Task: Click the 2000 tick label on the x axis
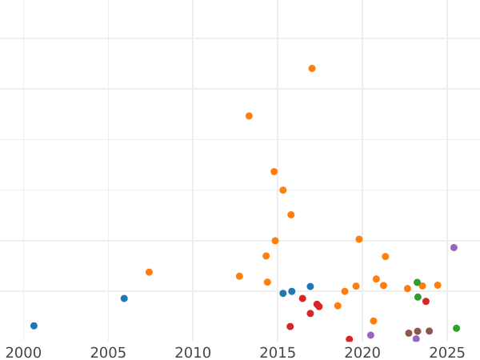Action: point(23,352)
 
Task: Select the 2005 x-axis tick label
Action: point(108,352)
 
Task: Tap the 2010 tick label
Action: point(193,352)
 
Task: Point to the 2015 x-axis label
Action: point(278,352)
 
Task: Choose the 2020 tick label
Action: point(362,352)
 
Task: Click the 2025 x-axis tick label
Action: point(447,352)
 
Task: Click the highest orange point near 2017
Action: point(312,69)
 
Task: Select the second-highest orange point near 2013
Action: point(249,116)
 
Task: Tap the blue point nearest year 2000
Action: point(34,326)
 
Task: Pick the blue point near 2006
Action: point(124,298)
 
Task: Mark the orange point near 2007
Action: point(149,272)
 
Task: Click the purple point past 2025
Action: point(454,248)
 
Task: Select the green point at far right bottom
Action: point(456,328)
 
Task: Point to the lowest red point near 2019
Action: point(349,339)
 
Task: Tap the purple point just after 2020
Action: point(370,335)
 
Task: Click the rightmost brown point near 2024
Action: point(429,331)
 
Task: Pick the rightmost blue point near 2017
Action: point(310,286)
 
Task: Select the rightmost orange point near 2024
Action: point(438,286)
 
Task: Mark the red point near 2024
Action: point(426,302)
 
